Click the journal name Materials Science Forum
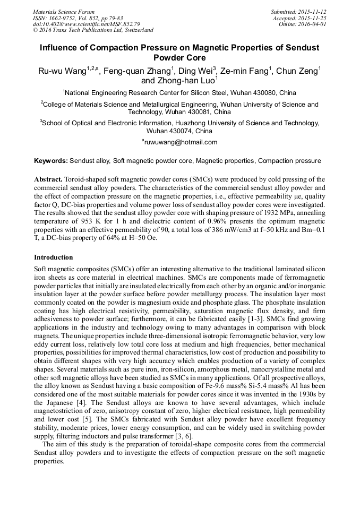(64, 12)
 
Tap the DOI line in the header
(86, 24)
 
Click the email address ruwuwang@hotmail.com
(181, 142)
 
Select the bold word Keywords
(50, 160)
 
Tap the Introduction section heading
(53, 257)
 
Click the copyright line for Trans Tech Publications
(93, 30)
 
